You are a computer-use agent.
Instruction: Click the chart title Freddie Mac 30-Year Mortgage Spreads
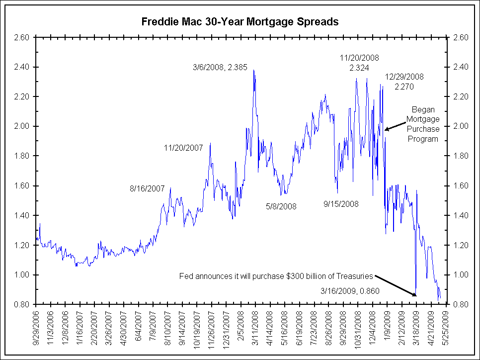[240, 22]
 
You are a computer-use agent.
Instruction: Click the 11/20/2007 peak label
[183, 148]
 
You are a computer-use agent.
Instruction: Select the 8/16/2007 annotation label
[147, 188]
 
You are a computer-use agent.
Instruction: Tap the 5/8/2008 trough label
[281, 206]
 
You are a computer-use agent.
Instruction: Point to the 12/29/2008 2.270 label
[405, 82]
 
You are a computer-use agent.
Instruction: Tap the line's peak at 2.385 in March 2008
[254, 70]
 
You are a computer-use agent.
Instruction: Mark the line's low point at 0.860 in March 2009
[415, 295]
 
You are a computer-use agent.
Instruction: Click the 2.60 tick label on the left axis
[23, 37]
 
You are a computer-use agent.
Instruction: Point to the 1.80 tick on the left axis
[23, 156]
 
